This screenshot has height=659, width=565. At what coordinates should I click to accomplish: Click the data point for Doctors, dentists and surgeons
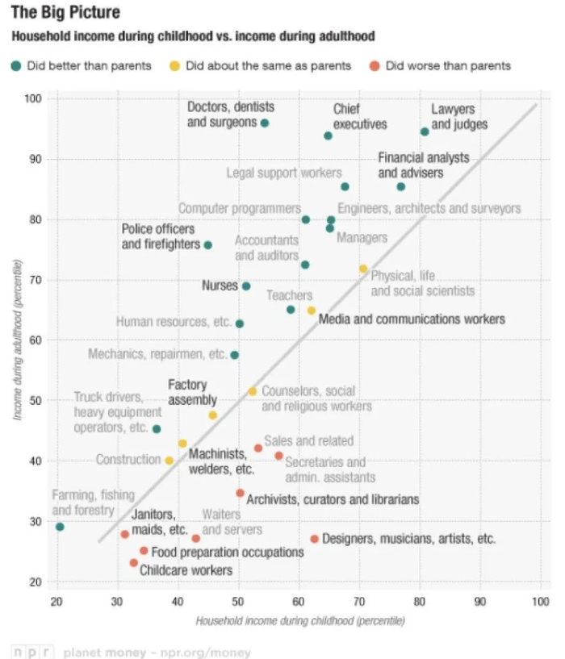(265, 123)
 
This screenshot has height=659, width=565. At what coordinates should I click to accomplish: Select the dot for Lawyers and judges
(425, 131)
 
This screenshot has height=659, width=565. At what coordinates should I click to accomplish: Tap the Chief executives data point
(328, 136)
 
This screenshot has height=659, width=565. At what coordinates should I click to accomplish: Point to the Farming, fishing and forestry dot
(60, 527)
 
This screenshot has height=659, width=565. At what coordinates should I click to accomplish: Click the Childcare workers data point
(134, 562)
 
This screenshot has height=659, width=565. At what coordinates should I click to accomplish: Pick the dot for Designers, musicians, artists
(315, 539)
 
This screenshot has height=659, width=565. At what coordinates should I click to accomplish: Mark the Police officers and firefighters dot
(207, 244)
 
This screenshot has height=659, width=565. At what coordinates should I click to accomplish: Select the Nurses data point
(246, 286)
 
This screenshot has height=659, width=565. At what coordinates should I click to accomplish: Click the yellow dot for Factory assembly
(213, 415)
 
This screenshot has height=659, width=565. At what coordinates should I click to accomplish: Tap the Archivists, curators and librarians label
(333, 500)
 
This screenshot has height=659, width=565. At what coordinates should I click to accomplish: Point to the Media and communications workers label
(412, 319)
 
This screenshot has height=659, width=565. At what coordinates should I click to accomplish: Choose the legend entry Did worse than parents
(448, 65)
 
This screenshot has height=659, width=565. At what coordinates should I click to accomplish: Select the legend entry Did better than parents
(89, 65)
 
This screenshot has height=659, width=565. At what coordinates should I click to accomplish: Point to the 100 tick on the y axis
(33, 98)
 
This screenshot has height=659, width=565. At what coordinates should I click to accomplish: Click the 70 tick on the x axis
(359, 602)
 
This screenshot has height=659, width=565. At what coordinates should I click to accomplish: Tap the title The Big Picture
(65, 13)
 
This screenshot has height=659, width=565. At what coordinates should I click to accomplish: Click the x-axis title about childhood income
(299, 621)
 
